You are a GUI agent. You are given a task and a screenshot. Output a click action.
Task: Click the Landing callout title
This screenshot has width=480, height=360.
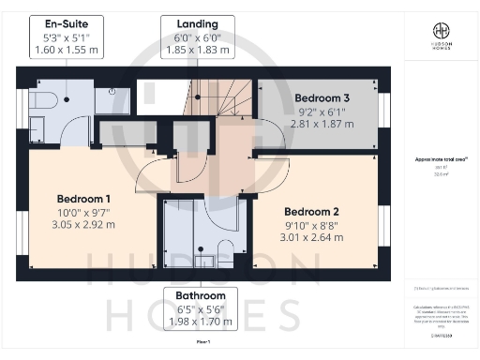click(x=190, y=23)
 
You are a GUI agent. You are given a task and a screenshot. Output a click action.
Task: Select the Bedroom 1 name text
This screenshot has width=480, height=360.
click(x=83, y=199)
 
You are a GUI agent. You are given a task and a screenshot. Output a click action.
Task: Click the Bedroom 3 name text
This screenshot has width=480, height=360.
click(x=322, y=97)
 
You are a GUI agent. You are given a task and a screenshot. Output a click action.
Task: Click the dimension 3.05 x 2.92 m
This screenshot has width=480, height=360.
click(x=83, y=224)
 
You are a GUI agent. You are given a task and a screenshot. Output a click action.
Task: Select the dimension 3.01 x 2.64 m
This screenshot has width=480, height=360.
click(x=314, y=237)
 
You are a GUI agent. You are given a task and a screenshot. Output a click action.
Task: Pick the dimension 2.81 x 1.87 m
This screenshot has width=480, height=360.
click(x=322, y=123)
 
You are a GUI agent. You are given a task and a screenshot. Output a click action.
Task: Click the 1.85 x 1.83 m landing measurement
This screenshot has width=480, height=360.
click(x=190, y=50)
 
